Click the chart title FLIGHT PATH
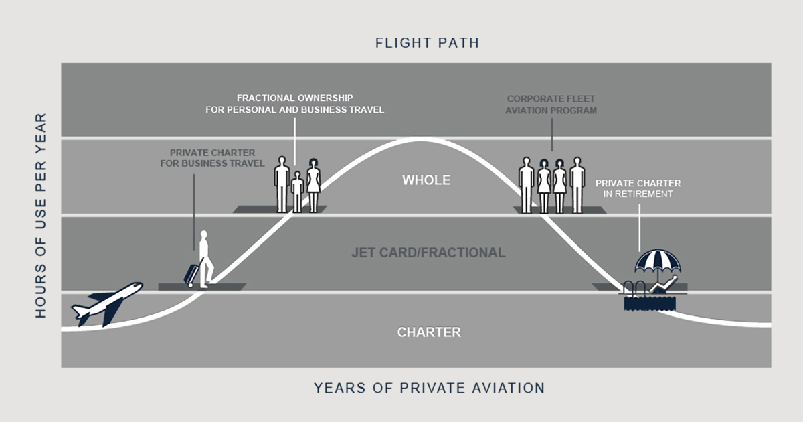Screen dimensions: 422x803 pyautogui.click(x=427, y=43)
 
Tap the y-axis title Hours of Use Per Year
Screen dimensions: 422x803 pyautogui.click(x=41, y=214)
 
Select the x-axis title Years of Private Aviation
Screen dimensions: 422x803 pyautogui.click(x=429, y=388)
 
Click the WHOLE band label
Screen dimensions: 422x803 pyautogui.click(x=426, y=180)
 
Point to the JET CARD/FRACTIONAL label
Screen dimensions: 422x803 pyautogui.click(x=428, y=253)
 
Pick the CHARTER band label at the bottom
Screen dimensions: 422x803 pyautogui.click(x=429, y=332)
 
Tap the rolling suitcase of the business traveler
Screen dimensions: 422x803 pyautogui.click(x=191, y=275)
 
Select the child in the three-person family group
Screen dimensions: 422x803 pyautogui.click(x=298, y=192)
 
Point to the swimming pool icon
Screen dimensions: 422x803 pyautogui.click(x=649, y=301)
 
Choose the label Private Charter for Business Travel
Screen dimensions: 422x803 pyautogui.click(x=211, y=158)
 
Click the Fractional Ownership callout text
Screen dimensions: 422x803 pyautogui.click(x=294, y=103)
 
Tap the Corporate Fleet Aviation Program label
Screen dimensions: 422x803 pyautogui.click(x=551, y=104)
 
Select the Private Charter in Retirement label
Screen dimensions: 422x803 pyautogui.click(x=638, y=188)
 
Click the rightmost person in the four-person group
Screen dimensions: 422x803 pyautogui.click(x=577, y=184)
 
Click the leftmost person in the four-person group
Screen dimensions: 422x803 pyautogui.click(x=527, y=184)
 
